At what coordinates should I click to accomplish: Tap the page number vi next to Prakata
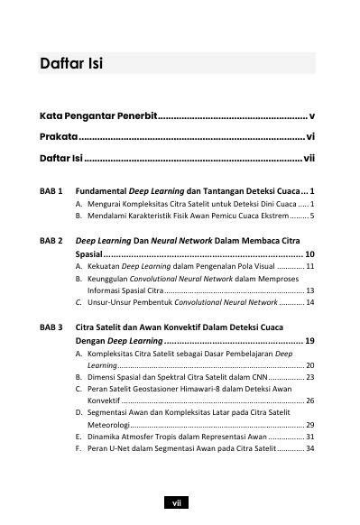310,137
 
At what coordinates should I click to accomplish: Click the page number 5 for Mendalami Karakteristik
311,217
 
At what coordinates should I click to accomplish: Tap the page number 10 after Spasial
309,255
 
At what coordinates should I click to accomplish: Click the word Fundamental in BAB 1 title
107,192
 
